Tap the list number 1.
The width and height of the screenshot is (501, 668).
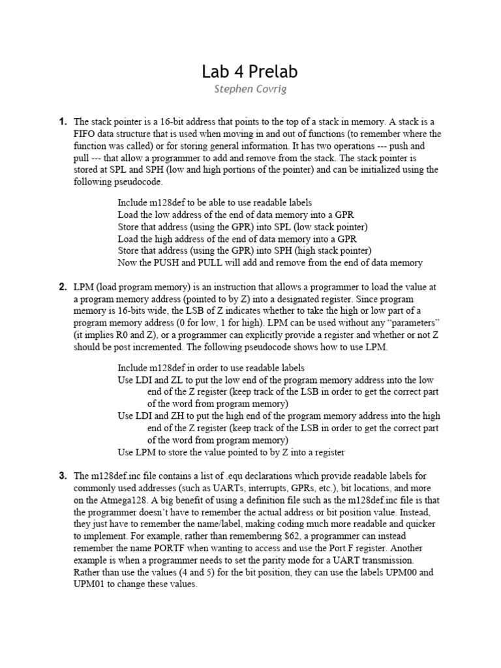pos(63,122)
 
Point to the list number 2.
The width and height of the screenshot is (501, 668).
pos(63,286)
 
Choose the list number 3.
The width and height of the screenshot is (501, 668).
pos(63,476)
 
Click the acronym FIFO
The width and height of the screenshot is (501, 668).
pos(85,134)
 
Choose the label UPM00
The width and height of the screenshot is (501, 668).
pos(417,572)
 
